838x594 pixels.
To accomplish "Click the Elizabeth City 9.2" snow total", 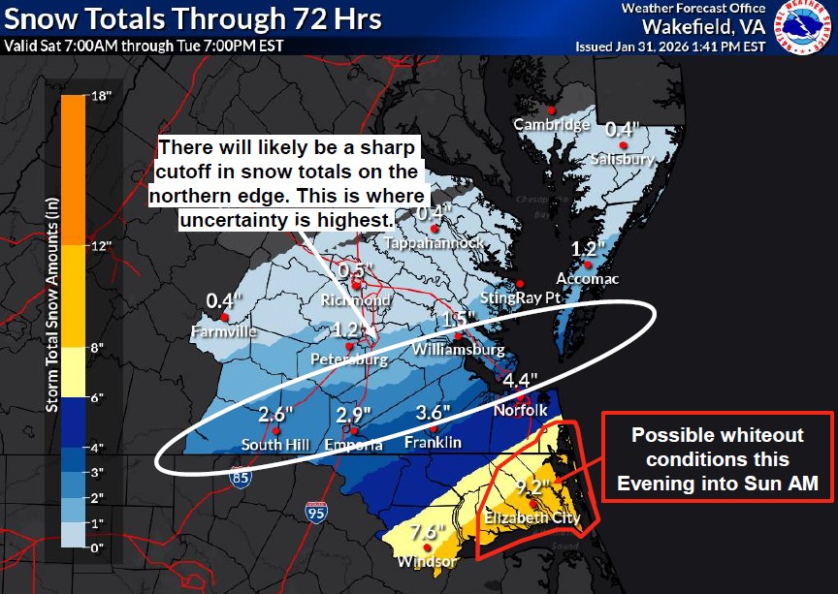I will pos(535,486).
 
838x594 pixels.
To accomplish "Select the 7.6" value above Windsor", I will pos(427,531).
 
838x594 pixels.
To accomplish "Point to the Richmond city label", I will pos(355,300).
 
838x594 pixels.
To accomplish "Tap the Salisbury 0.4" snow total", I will pos(621,129).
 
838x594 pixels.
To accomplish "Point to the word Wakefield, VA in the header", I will pos(697,26).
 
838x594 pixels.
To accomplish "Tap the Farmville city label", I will pos(224,331).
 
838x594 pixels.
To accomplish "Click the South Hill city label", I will pos(274,445).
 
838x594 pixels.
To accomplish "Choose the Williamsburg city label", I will pos(458,349).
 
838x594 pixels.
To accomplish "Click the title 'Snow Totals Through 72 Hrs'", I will pos(193,19).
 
